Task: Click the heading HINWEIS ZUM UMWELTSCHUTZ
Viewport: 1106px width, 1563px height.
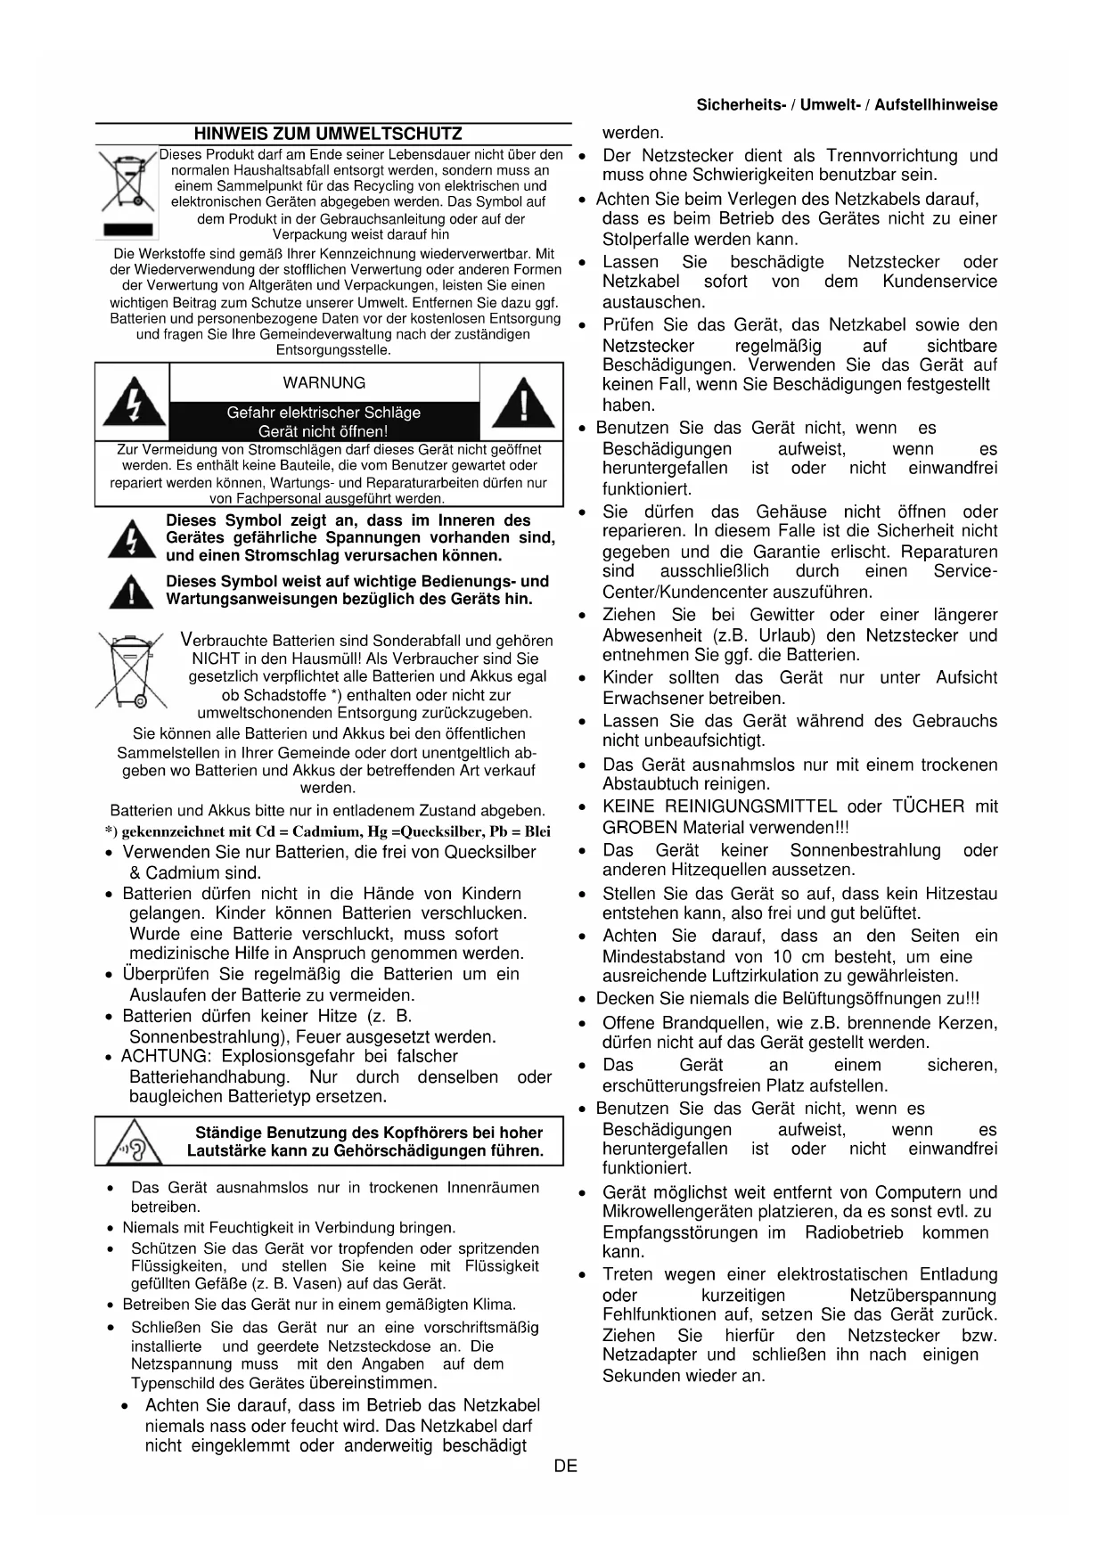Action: pos(328,135)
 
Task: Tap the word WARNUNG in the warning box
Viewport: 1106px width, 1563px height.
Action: pos(324,383)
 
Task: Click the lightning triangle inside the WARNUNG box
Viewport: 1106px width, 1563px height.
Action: pos(133,402)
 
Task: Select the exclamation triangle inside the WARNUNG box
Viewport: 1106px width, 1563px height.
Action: pos(524,402)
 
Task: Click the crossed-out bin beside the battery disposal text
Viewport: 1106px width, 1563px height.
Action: pos(130,670)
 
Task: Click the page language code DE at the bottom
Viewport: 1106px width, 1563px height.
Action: pos(565,1466)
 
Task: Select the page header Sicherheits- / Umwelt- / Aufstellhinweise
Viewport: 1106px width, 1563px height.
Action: pos(847,105)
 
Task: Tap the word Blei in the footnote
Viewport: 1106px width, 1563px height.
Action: pos(537,832)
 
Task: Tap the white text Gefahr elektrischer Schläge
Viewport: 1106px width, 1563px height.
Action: pos(324,413)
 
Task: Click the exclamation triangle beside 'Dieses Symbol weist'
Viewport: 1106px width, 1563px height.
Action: pos(131,592)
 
